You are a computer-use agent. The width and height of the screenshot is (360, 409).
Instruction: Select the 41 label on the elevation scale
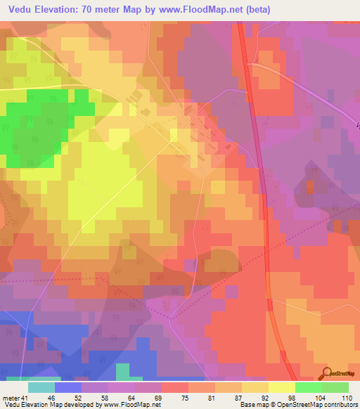tap(25, 398)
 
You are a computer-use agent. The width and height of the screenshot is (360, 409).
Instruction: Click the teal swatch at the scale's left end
tap(41, 387)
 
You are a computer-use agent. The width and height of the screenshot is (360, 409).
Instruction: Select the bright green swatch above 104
tap(308, 387)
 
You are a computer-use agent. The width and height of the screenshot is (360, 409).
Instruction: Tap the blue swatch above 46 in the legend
tap(68, 387)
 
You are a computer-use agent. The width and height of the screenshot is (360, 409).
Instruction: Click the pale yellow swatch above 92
tap(255, 387)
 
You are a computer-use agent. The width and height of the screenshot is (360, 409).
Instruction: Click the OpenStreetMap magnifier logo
tap(326, 372)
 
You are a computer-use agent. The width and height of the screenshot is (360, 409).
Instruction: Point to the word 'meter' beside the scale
tap(11, 398)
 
